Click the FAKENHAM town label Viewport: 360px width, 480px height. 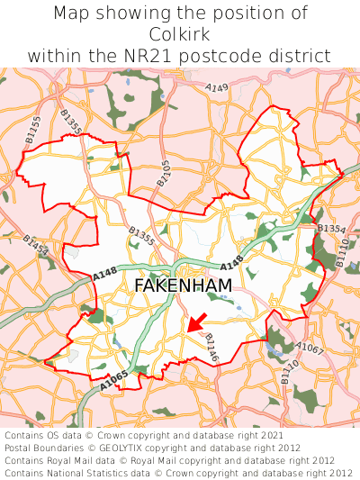click(x=183, y=285)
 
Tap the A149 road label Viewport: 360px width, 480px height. click(x=216, y=88)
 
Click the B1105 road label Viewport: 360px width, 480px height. click(x=163, y=173)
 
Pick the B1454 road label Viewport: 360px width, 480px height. click(x=35, y=245)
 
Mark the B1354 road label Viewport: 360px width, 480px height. click(x=330, y=229)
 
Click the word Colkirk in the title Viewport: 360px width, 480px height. click(x=180, y=34)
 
